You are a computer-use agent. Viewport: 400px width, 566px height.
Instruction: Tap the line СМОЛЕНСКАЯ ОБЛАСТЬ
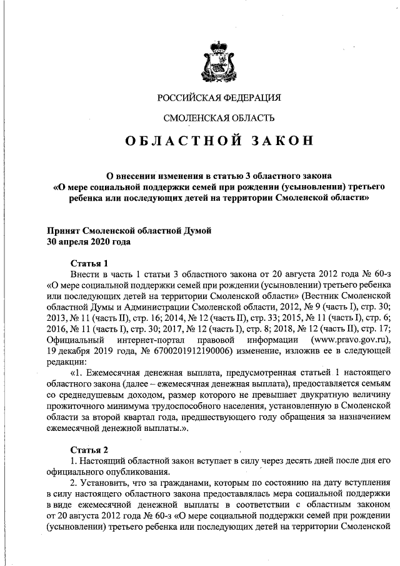click(219, 118)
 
